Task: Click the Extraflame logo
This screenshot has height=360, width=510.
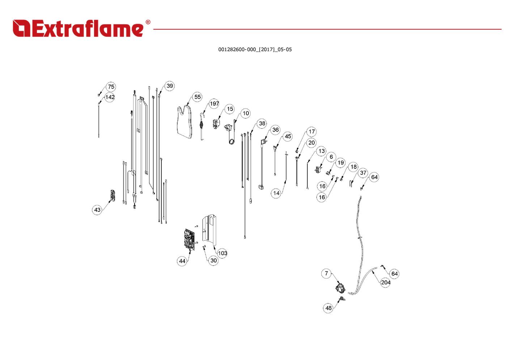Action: click(x=81, y=28)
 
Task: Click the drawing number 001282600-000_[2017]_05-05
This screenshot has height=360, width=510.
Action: click(x=255, y=50)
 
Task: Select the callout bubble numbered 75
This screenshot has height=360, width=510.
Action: click(x=111, y=87)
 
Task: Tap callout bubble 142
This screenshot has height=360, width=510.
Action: click(x=110, y=97)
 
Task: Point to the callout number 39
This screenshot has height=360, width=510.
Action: click(x=170, y=86)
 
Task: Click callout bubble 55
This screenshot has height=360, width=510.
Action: click(x=197, y=97)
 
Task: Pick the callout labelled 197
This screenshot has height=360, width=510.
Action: click(x=214, y=103)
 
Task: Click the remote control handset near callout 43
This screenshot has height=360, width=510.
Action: click(x=113, y=195)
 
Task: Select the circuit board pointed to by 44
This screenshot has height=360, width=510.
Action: click(x=190, y=240)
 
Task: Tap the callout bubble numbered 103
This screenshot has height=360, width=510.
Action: click(x=222, y=253)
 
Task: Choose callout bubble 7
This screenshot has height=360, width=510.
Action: click(x=326, y=273)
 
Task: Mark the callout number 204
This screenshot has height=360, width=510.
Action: click(x=386, y=282)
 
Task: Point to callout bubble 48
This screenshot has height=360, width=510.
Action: click(x=328, y=308)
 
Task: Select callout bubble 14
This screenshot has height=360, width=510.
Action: click(x=276, y=193)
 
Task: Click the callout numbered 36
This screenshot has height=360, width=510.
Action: click(x=275, y=130)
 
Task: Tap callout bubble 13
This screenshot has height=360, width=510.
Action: click(x=321, y=151)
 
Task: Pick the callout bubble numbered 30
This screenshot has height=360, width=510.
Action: click(x=213, y=260)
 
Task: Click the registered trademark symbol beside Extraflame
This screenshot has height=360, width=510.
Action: click(x=148, y=22)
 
